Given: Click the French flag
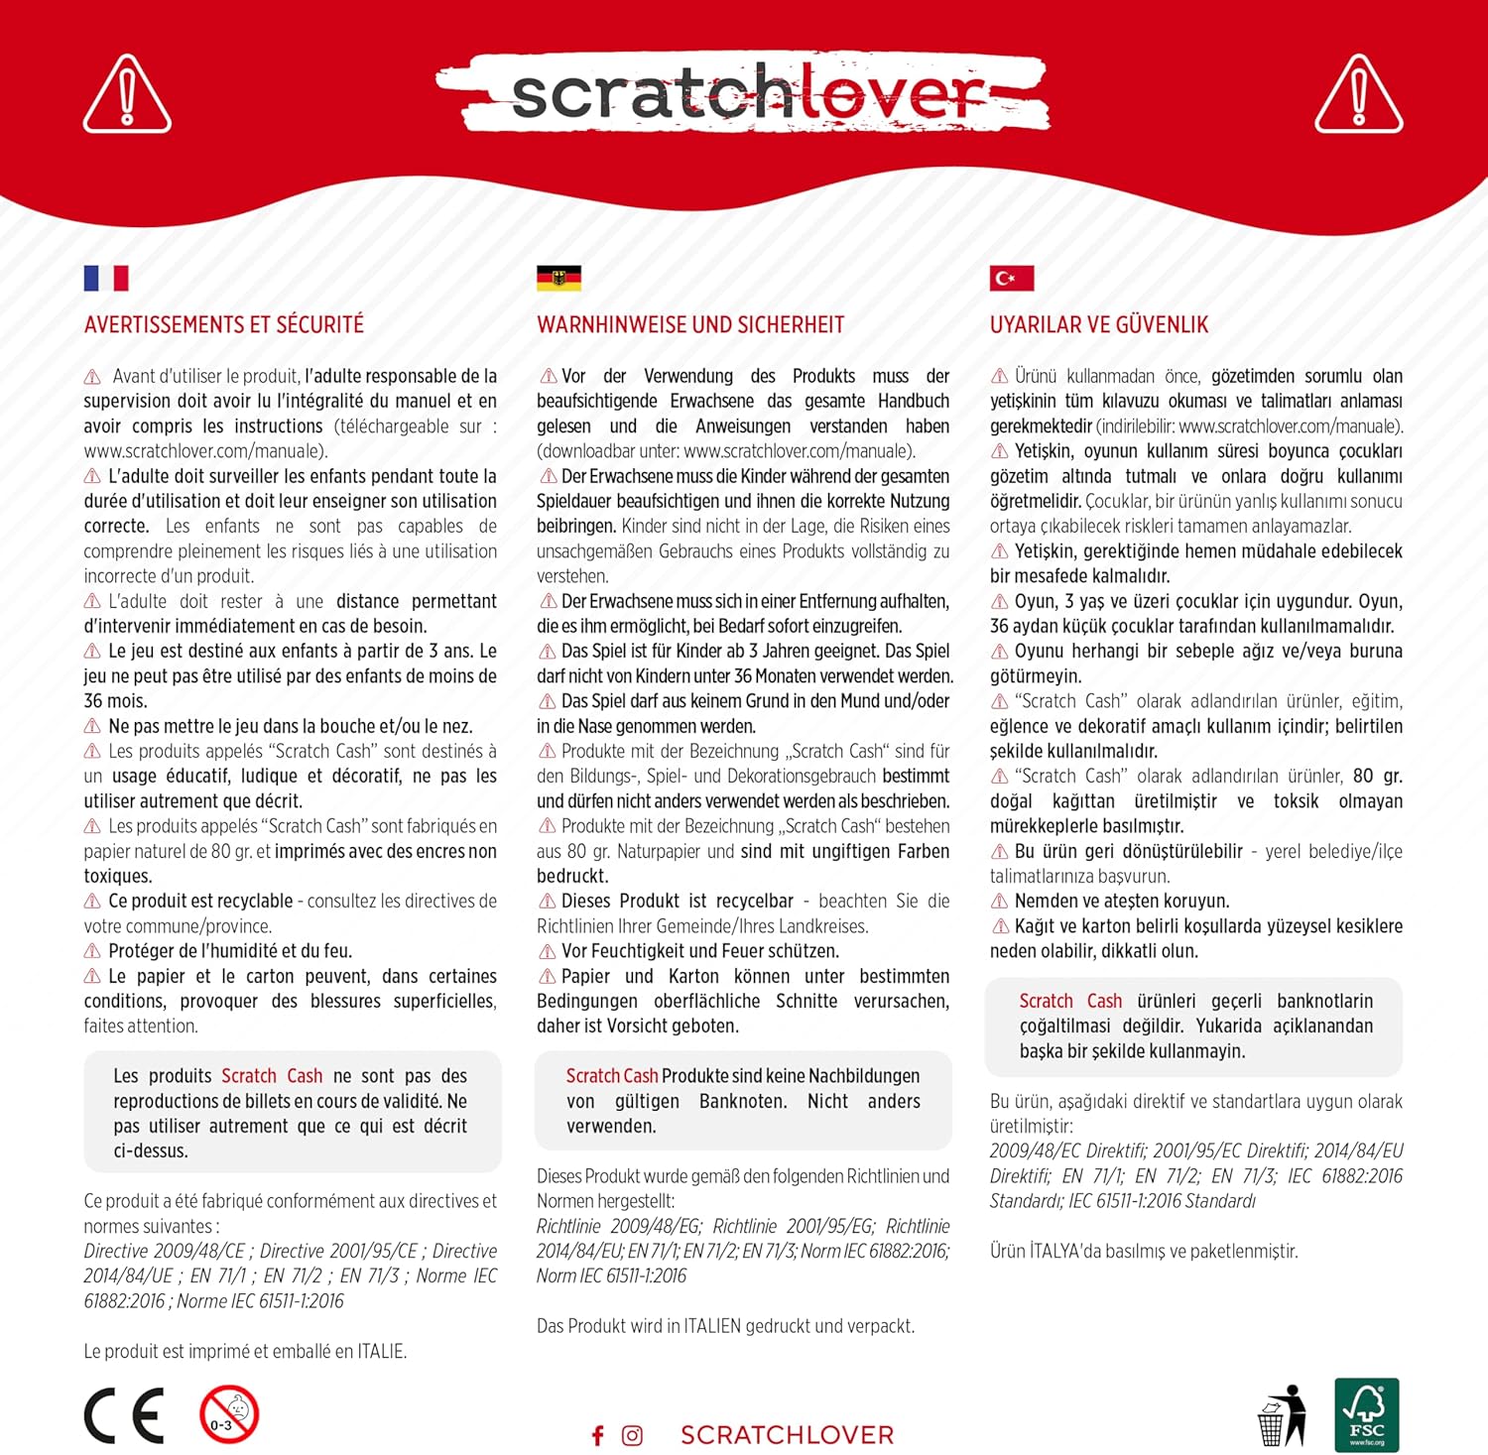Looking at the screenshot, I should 106,278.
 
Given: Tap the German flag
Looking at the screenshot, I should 558,278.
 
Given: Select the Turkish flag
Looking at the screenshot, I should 1012,278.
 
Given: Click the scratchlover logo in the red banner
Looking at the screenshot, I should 744,93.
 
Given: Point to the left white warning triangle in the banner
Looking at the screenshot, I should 127,95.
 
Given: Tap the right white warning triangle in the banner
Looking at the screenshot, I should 1359,95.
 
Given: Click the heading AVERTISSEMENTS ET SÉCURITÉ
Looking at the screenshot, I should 224,325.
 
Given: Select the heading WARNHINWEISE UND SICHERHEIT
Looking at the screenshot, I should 690,325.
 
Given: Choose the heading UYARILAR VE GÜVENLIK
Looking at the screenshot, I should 1099,325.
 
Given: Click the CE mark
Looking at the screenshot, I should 124,1415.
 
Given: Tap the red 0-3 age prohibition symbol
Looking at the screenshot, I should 229,1415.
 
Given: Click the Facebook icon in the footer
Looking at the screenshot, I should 597,1435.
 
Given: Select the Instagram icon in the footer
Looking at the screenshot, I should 632,1435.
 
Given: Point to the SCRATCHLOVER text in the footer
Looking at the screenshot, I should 787,1435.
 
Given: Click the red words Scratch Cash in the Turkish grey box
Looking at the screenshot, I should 1070,1001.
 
